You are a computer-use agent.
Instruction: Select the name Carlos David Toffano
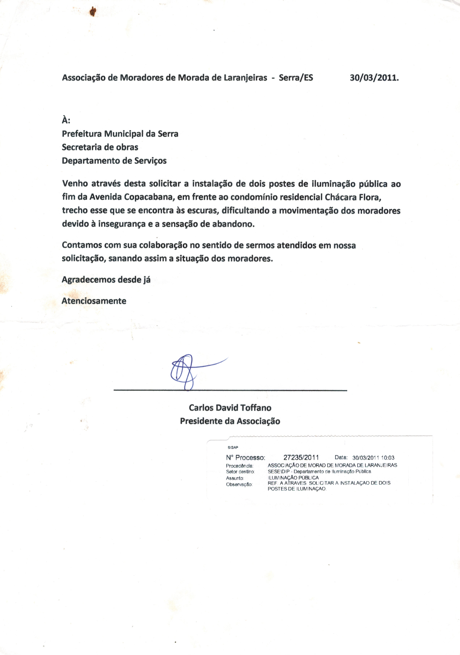coord(230,408)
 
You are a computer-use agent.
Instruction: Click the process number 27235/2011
coord(301,458)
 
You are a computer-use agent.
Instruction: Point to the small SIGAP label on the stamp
coord(233,447)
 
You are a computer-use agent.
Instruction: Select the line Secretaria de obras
coord(100,147)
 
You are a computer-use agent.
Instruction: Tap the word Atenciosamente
coord(94,301)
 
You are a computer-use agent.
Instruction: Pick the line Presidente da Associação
coord(230,421)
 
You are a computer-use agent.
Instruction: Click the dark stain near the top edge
coord(93,12)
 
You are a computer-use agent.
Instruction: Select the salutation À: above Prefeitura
coord(66,120)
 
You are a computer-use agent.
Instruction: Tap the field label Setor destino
coord(240,472)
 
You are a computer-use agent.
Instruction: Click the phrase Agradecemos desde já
coord(106,280)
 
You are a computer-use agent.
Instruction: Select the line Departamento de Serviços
coord(114,161)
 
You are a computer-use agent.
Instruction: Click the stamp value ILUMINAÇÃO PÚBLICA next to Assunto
coord(293,478)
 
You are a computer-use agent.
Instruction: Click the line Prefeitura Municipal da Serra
coord(120,134)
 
